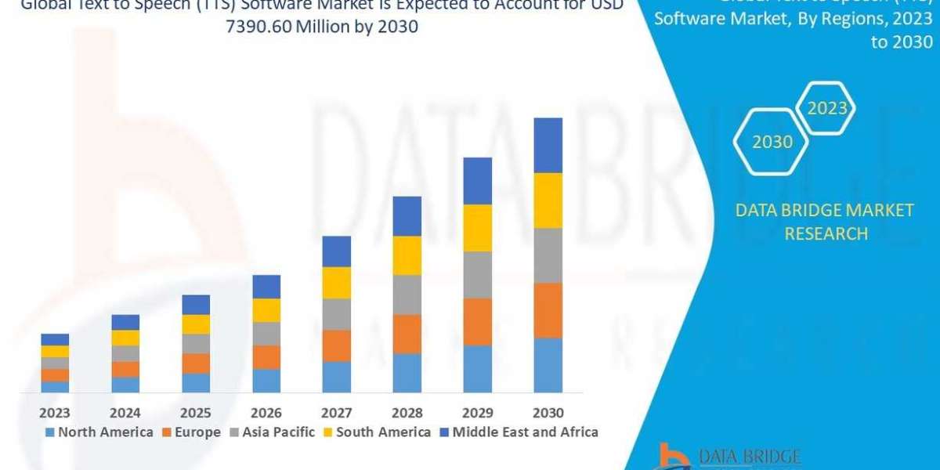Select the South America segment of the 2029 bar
[478, 228]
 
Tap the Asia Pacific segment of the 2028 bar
[407, 295]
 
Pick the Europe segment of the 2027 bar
[337, 345]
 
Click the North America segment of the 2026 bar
[266, 381]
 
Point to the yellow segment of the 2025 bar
[196, 324]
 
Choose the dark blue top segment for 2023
[55, 339]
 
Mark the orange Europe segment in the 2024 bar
[125, 369]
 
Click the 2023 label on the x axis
[55, 413]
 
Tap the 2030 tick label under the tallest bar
[548, 413]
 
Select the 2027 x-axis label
[337, 413]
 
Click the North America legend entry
[99, 432]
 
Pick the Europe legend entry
[192, 432]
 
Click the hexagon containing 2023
[827, 108]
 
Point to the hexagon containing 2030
[772, 142]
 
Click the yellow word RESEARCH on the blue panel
[826, 233]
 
